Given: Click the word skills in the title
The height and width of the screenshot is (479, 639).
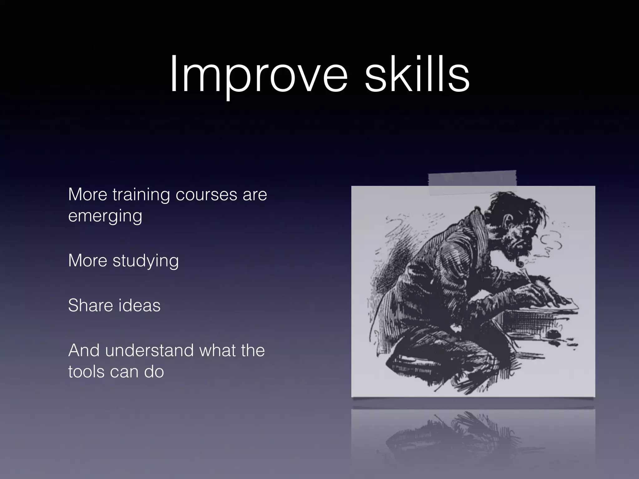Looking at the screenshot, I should pos(417,75).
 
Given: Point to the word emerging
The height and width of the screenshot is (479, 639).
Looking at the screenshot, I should pos(105,216).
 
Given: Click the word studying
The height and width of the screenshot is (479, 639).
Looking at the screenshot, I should pos(145,261).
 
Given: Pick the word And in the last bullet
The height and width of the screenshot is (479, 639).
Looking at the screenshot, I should pos(83,350).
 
